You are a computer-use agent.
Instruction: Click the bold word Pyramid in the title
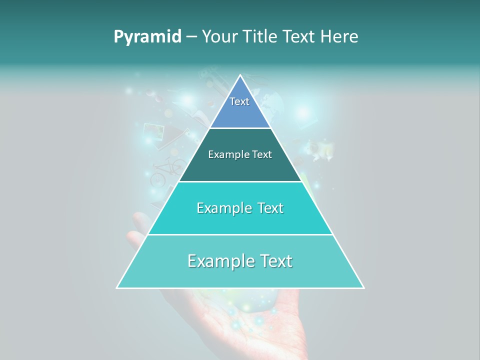pyautogui.click(x=147, y=37)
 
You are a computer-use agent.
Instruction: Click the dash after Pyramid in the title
pyautogui.click(x=191, y=37)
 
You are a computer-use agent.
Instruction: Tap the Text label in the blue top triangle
pyautogui.click(x=239, y=101)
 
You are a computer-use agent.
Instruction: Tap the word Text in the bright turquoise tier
pyautogui.click(x=267, y=208)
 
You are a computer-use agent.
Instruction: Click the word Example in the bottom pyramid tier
pyautogui.click(x=219, y=261)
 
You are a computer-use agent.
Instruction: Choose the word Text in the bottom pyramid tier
pyautogui.click(x=274, y=261)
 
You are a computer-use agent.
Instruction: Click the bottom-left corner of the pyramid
pyautogui.click(x=117, y=287)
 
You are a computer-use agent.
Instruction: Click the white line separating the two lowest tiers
pyautogui.click(x=240, y=234)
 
